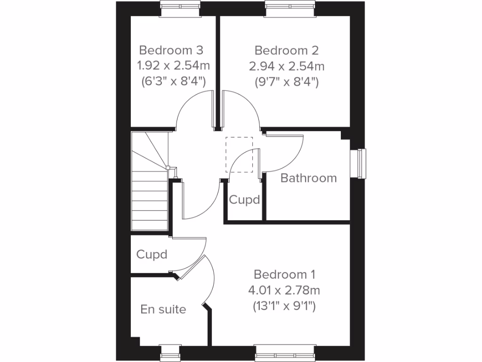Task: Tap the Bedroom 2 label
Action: (x=287, y=50)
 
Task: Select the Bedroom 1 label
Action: (x=284, y=274)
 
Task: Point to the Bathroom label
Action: (x=308, y=178)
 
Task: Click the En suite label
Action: (x=163, y=310)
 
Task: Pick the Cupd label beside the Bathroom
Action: (x=244, y=200)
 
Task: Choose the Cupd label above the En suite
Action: (x=152, y=255)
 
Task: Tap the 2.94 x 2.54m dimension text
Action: (x=287, y=66)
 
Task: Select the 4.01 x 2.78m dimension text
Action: (x=284, y=290)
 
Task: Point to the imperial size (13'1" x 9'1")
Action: (x=284, y=306)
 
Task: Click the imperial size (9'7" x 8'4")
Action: (x=287, y=82)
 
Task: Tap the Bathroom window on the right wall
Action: (x=361, y=164)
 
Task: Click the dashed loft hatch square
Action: (x=239, y=155)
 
